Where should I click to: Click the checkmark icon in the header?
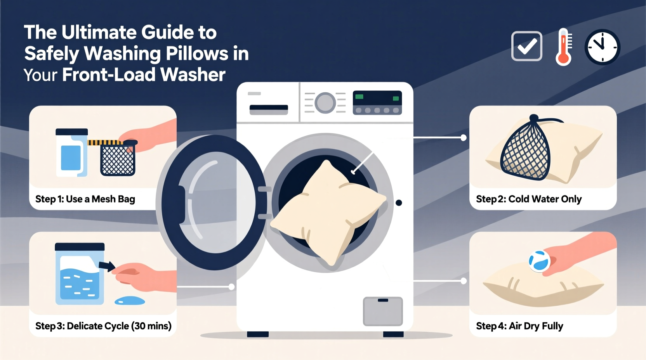click(x=526, y=46)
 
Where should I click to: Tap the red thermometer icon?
click(x=564, y=47)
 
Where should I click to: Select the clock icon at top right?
click(x=602, y=47)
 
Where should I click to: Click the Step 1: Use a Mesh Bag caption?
click(x=85, y=199)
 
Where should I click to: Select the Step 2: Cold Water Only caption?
click(x=528, y=199)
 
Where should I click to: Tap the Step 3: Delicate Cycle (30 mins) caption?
click(x=103, y=326)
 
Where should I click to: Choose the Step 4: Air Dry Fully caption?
click(x=519, y=326)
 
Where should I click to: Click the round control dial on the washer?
click(x=325, y=103)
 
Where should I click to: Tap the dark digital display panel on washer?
click(x=377, y=102)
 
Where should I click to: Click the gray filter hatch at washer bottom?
click(x=383, y=311)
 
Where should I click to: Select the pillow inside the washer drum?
click(x=328, y=211)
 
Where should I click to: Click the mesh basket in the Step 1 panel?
click(x=118, y=159)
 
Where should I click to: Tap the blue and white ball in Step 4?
click(x=539, y=261)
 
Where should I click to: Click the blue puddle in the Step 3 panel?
click(x=130, y=301)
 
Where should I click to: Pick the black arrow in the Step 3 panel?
click(x=107, y=266)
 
